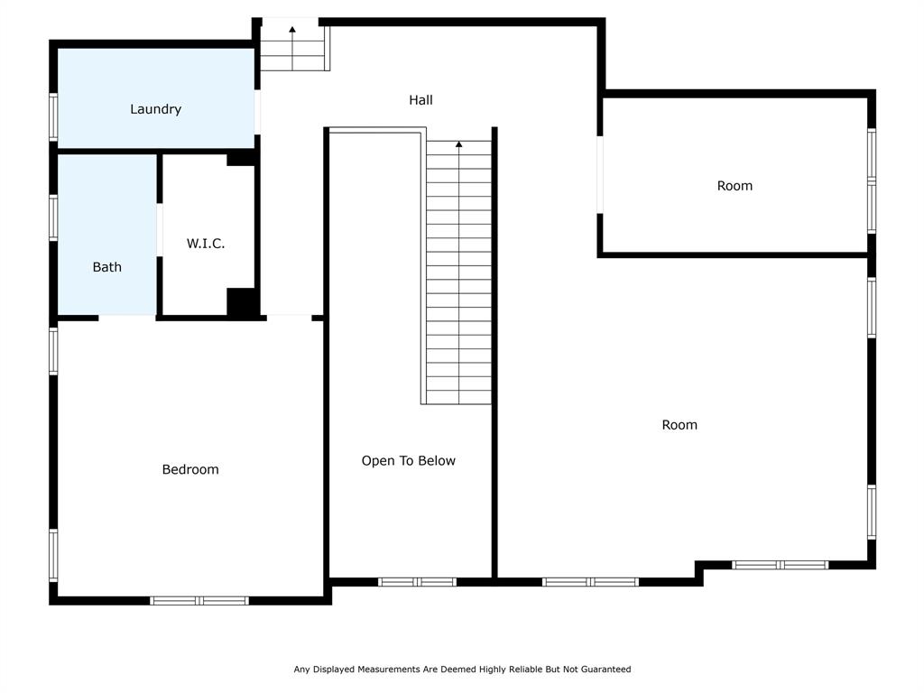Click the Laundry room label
point(155,109)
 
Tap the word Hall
point(420,100)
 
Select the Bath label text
point(106,267)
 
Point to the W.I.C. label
point(206,244)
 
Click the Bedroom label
point(190,469)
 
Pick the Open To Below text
point(408,460)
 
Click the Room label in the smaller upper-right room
point(735,186)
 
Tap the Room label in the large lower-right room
point(679,425)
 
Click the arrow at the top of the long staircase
point(459,144)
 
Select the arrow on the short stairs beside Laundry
point(292,30)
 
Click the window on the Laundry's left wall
point(53,116)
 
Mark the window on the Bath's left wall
point(53,218)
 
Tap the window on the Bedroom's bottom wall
point(199,600)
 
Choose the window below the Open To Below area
point(417,582)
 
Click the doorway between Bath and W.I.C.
point(160,231)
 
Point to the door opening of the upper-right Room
point(600,175)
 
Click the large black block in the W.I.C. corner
point(241,302)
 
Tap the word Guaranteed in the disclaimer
point(602,670)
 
